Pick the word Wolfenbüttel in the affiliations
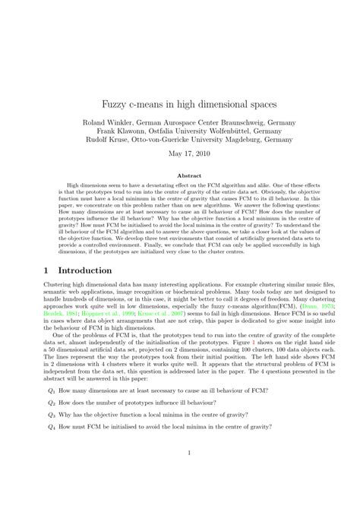click(x=219, y=130)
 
